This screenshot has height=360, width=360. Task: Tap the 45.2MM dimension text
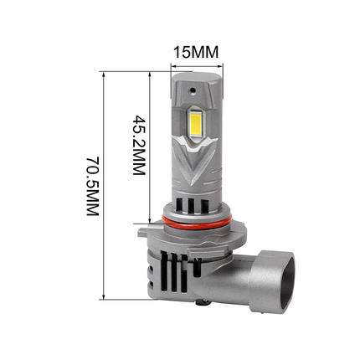pyautogui.click(x=139, y=144)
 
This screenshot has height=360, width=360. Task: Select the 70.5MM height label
pyautogui.click(x=92, y=185)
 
